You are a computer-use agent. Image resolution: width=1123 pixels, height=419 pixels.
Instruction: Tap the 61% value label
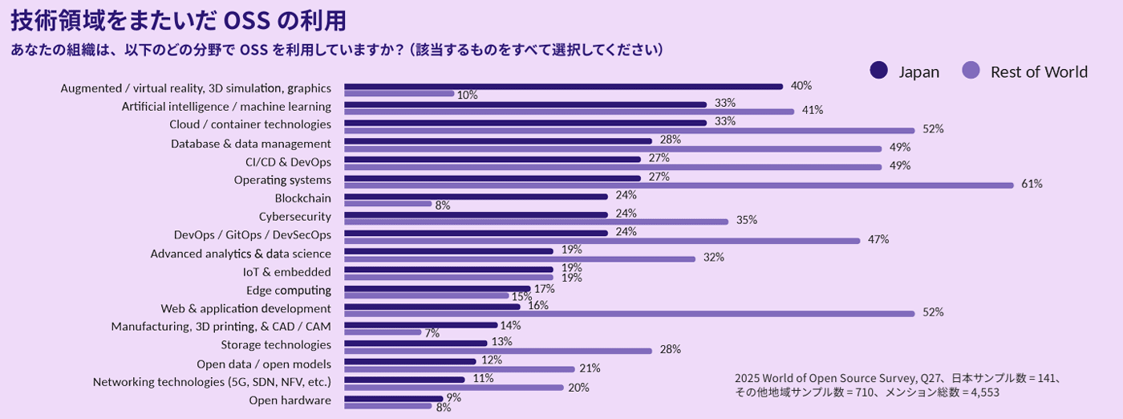coord(1032,185)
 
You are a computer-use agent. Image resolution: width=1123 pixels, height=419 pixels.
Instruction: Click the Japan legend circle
coord(879,71)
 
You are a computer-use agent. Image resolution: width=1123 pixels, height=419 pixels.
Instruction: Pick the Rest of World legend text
coord(1039,71)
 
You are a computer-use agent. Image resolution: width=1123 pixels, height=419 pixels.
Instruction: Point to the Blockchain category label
coord(302,198)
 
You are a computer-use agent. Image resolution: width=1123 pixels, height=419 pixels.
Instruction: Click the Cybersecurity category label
coord(294,217)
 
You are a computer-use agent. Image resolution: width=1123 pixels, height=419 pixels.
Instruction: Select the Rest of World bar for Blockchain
coord(388,204)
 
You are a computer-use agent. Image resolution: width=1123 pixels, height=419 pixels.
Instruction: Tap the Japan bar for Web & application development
coord(432,306)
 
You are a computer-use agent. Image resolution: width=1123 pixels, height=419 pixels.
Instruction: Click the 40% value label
coord(801,86)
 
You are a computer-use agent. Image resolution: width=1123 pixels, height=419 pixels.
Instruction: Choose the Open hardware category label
coord(290,401)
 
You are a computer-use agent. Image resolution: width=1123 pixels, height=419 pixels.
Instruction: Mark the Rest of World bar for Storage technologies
coord(498,350)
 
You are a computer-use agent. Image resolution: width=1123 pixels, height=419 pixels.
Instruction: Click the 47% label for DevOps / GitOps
coord(878,240)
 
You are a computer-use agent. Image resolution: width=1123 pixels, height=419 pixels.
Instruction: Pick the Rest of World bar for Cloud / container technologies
coord(630,130)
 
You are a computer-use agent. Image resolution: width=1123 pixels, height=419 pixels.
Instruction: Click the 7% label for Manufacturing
coord(432,333)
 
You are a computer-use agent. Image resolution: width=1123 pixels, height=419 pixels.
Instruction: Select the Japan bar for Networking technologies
coord(404,380)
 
